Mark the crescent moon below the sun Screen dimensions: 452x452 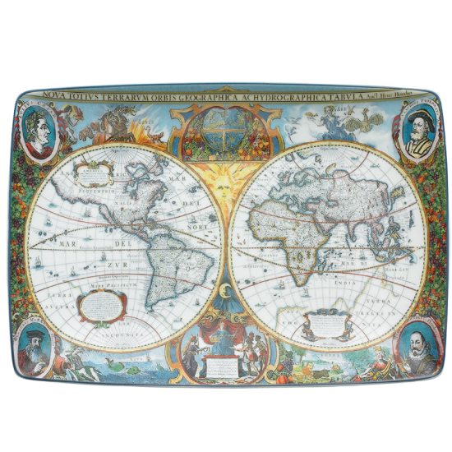(x=224, y=288)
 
